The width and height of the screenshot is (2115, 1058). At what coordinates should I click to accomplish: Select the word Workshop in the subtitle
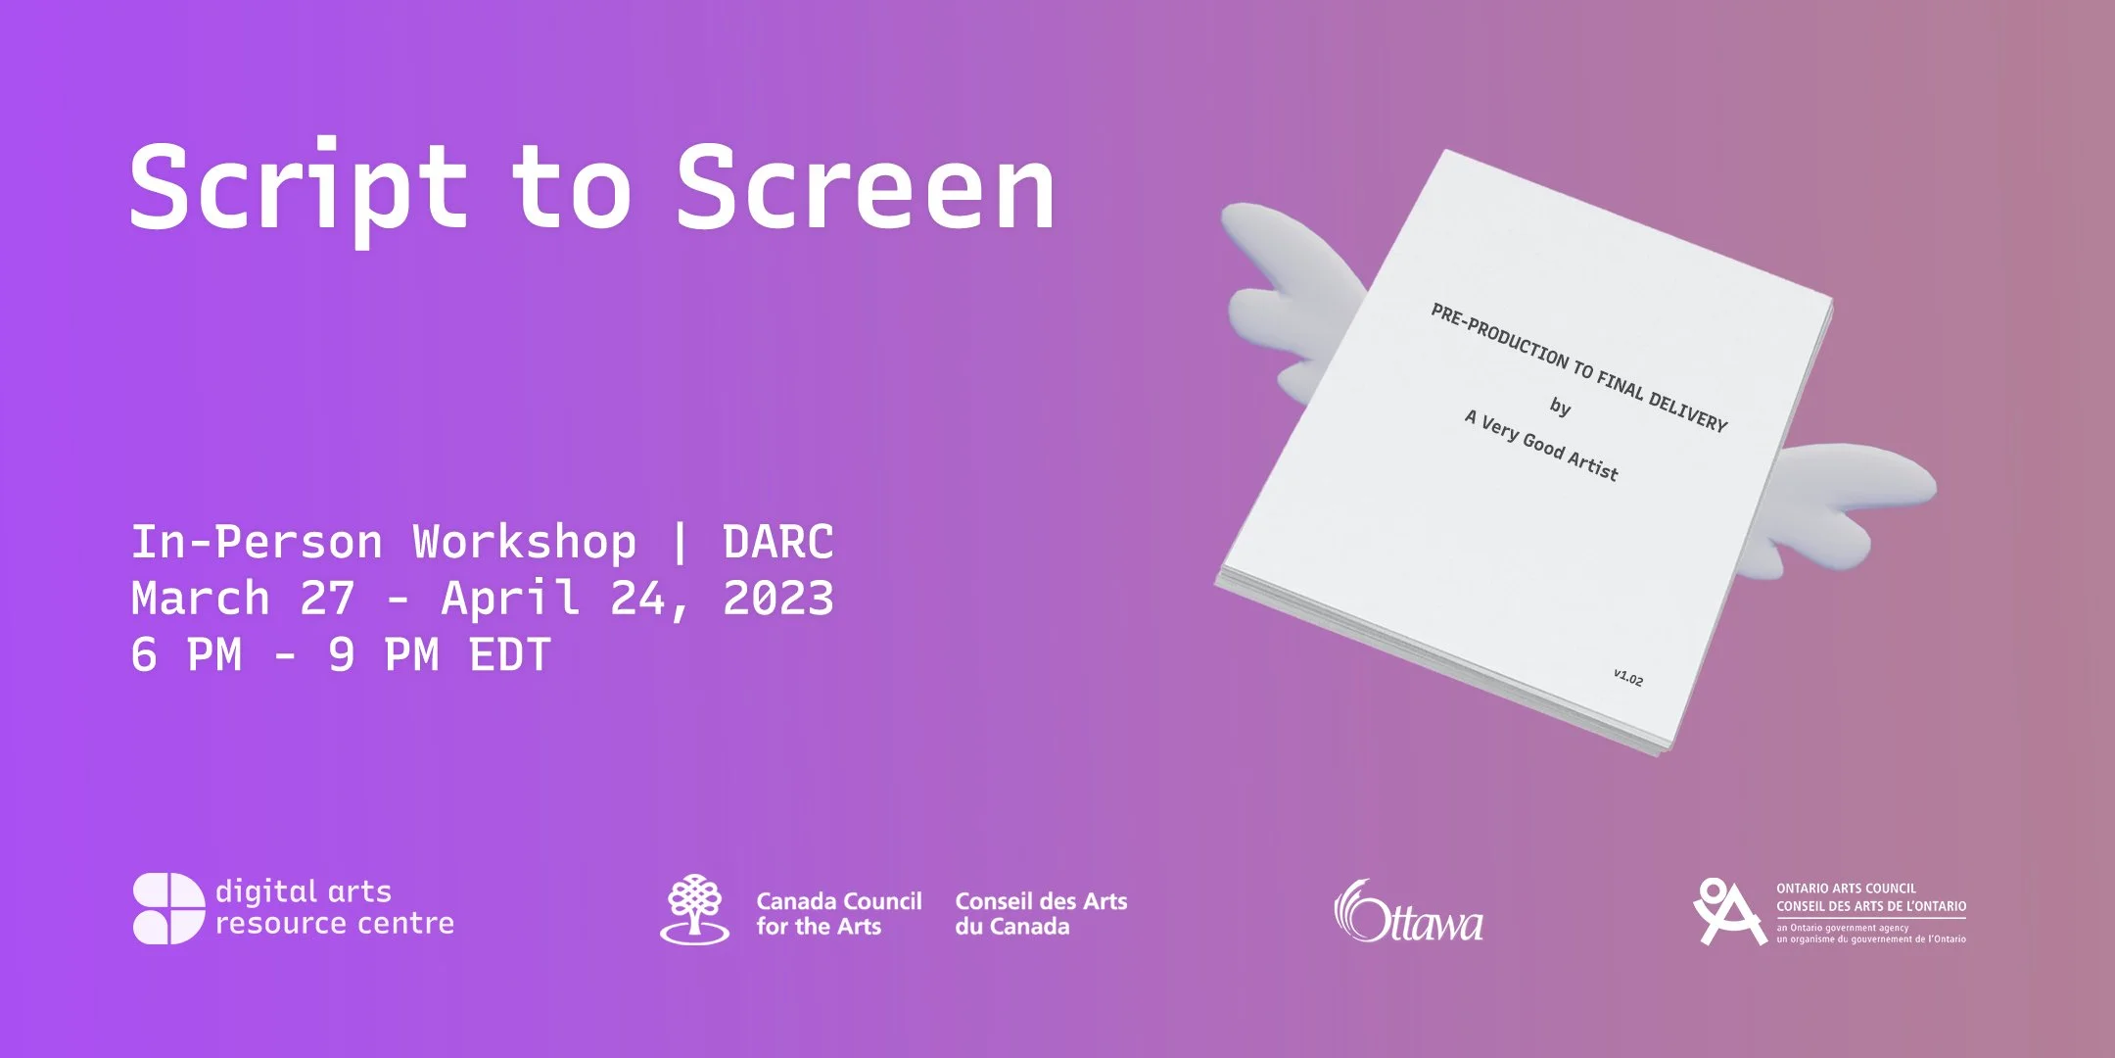(x=524, y=542)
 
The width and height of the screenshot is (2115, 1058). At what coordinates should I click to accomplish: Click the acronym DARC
(x=777, y=542)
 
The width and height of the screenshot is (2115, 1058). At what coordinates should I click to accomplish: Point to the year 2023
(x=777, y=599)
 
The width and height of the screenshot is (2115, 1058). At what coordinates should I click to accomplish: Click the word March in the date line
(x=201, y=599)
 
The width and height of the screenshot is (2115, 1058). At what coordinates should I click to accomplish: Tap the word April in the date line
(x=509, y=599)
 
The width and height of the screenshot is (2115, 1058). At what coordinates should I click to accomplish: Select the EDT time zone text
(x=510, y=655)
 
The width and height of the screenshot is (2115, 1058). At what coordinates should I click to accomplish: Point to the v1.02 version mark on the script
(x=1628, y=677)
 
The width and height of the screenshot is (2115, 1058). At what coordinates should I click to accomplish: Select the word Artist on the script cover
(x=1592, y=464)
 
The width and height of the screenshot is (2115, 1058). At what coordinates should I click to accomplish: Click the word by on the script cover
(x=1560, y=406)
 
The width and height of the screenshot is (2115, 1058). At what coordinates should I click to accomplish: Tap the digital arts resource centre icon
(x=168, y=908)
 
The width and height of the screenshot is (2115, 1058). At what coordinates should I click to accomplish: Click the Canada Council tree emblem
(x=694, y=908)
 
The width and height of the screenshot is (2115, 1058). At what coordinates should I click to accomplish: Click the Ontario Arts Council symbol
(x=1728, y=912)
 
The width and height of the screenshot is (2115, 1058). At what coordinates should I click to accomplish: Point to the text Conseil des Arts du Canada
(x=1041, y=914)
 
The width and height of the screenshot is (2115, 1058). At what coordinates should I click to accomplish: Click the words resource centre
(x=335, y=924)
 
